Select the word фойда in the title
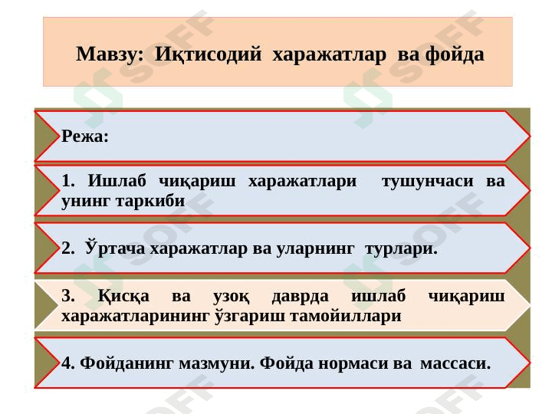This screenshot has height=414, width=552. pos(455,55)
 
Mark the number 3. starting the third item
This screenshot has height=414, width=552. pos(68,296)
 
